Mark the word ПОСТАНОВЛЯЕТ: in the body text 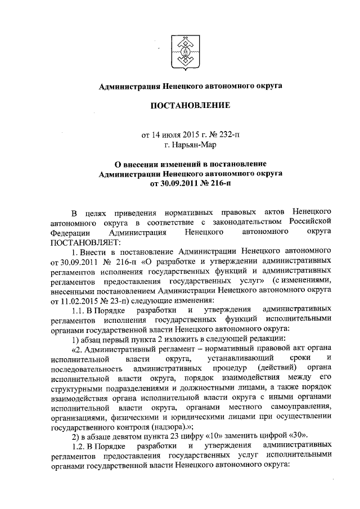tap(82, 241)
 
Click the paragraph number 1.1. tap(78, 311)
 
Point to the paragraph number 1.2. tap(78, 445)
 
